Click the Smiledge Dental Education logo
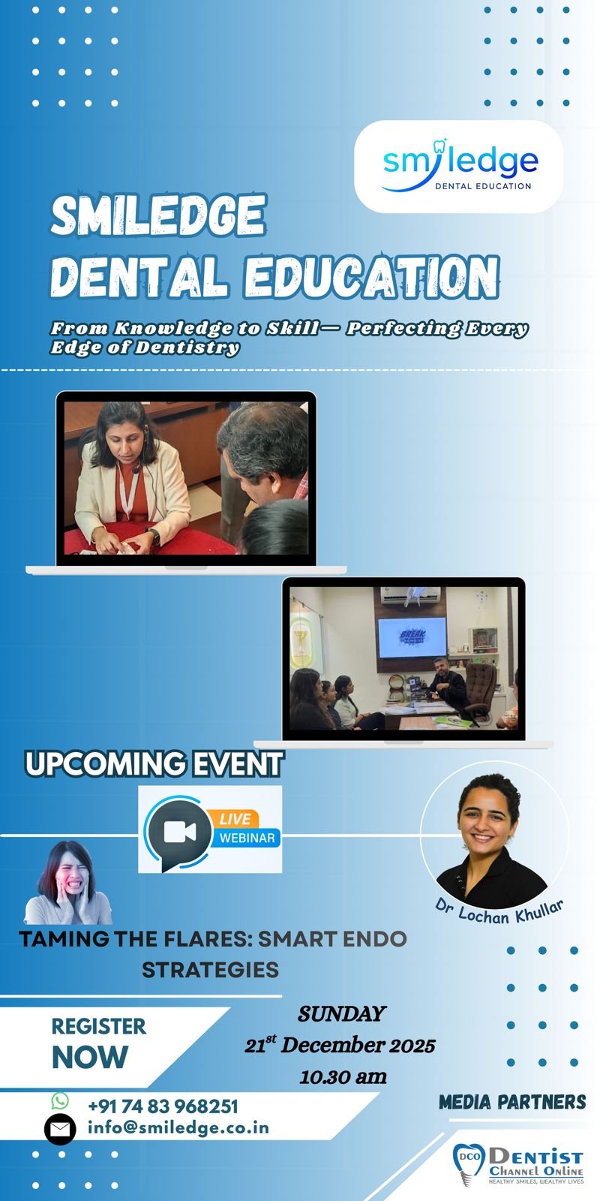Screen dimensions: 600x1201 pyautogui.click(x=459, y=167)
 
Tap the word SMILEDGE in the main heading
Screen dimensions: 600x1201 pyautogui.click(x=158, y=215)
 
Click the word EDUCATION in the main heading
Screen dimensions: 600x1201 pyautogui.click(x=372, y=277)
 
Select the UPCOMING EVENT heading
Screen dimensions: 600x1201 pyautogui.click(x=154, y=763)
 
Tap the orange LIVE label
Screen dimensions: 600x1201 pyautogui.click(x=235, y=819)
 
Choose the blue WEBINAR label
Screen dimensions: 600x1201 pyautogui.click(x=247, y=838)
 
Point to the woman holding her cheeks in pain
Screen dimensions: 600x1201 pyautogui.click(x=68, y=883)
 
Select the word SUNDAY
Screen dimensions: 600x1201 pyautogui.click(x=342, y=1014)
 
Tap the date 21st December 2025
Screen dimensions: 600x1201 pyautogui.click(x=340, y=1045)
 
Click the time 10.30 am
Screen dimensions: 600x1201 pyautogui.click(x=343, y=1076)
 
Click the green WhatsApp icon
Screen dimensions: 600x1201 pyautogui.click(x=60, y=1100)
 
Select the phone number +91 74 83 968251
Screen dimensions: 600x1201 pyautogui.click(x=163, y=1106)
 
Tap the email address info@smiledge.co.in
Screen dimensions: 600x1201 pyautogui.click(x=178, y=1128)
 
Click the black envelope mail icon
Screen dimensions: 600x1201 pyautogui.click(x=60, y=1130)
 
